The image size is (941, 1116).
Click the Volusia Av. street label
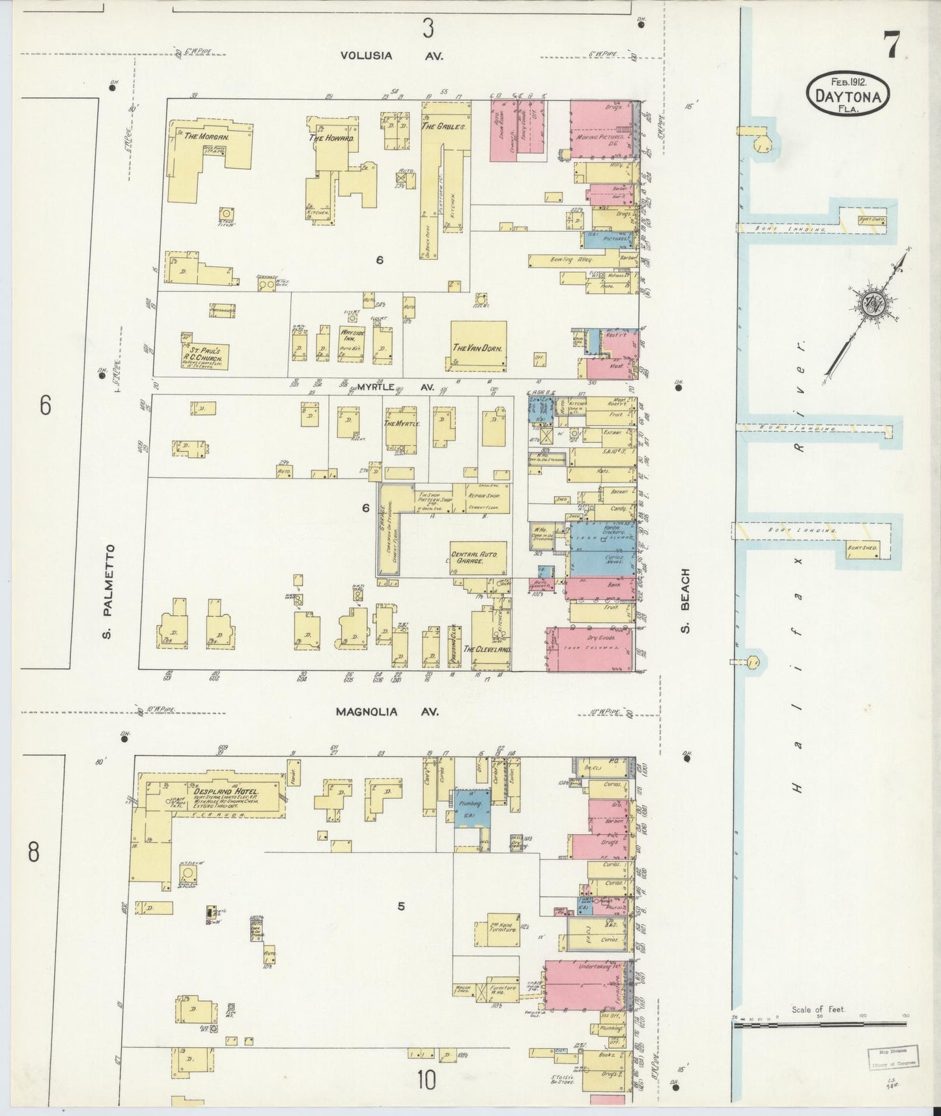click(391, 56)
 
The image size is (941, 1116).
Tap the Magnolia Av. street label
click(387, 712)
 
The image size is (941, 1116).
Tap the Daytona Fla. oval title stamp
click(848, 94)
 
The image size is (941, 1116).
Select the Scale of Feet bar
click(819, 1025)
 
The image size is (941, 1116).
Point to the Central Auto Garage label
click(474, 557)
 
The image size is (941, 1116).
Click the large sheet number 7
click(892, 46)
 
